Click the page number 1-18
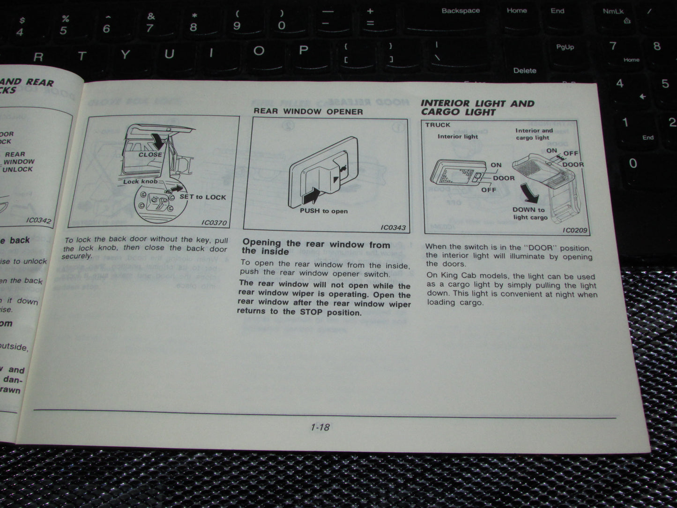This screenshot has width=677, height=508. point(320,427)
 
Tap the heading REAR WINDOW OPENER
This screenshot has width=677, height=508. point(308,112)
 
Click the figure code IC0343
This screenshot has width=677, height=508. point(393,228)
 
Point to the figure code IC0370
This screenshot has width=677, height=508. point(214,223)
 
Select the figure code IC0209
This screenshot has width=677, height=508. point(575,230)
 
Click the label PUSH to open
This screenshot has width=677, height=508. point(324,211)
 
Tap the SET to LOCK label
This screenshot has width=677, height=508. point(203,197)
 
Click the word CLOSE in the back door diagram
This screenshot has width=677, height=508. point(150,154)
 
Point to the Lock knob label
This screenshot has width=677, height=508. point(140,181)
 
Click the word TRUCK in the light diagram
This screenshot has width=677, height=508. point(438,125)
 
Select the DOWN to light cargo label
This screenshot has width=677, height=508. point(529,213)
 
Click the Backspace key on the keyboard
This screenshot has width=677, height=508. point(461,11)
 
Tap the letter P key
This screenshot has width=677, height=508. point(304,50)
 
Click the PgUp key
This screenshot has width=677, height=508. point(565,47)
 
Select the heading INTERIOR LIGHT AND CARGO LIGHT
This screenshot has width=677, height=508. point(477,107)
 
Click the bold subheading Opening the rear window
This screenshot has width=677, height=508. point(316,247)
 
